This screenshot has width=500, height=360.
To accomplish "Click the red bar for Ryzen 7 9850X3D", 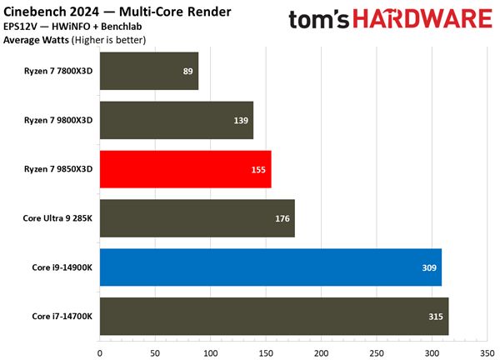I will tap(185, 169).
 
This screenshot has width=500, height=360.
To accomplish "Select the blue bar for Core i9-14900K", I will tap(270, 267).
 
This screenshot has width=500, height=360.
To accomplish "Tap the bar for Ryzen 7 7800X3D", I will tap(149, 71).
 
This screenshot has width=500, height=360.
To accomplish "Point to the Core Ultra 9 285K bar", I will tap(197, 218).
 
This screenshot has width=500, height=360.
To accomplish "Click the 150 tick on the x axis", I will tap(266, 352).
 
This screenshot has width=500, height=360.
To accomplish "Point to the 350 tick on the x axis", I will tap(487, 352).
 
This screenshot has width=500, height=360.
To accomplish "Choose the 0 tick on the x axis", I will tap(100, 352).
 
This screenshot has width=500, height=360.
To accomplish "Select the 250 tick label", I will tap(376, 352).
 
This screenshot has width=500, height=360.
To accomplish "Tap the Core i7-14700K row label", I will tap(62, 317).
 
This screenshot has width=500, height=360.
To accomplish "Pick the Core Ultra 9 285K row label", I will tap(57, 218).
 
